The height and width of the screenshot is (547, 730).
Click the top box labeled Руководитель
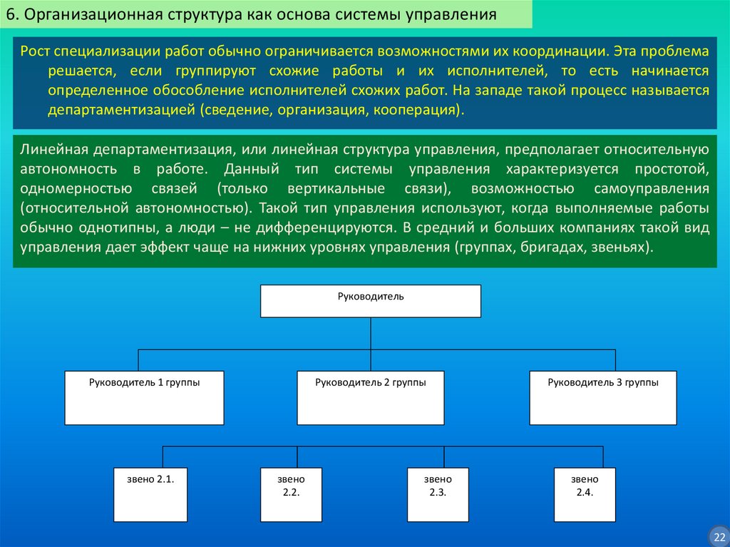point(370,300)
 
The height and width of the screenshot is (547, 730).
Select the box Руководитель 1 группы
point(144,397)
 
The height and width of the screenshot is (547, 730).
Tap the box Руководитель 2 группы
point(371,397)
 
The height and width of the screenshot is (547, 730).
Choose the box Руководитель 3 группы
point(602,397)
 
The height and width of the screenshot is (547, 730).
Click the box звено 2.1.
point(145,494)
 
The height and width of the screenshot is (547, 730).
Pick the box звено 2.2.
point(290,494)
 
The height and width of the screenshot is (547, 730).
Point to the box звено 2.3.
point(437,494)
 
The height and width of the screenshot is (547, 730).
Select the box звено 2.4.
point(584,494)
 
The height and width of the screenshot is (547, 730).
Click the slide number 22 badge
point(718,535)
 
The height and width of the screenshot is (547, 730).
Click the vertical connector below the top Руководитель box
point(370,333)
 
